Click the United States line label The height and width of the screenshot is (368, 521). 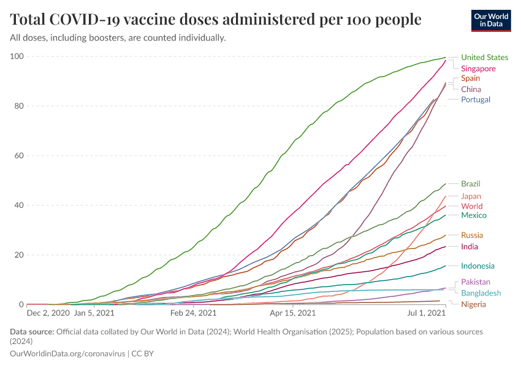[484, 58]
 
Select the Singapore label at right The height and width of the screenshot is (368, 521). [478, 68]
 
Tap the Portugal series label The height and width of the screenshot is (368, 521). [476, 99]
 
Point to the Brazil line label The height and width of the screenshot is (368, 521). [471, 183]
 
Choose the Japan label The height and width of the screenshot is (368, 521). [471, 196]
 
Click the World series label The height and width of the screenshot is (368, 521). [471, 206]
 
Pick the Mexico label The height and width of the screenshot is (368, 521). [474, 215]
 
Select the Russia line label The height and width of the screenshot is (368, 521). [472, 235]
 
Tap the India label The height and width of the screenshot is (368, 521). [470, 247]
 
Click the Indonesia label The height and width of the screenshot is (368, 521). [477, 266]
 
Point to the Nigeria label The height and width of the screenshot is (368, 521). [473, 304]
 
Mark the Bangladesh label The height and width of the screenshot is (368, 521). [481, 293]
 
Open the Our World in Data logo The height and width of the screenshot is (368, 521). [492, 20]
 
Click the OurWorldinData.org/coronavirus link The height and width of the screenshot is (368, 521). [68, 353]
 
